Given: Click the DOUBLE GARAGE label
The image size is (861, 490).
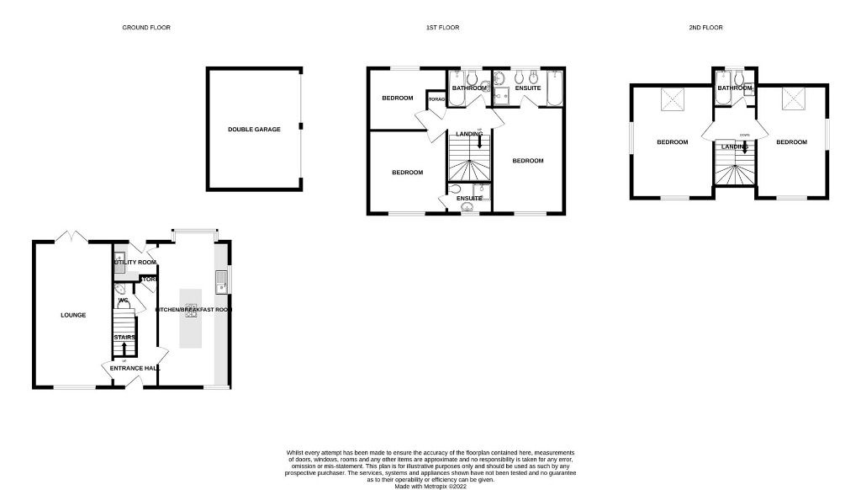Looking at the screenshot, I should pos(254,130).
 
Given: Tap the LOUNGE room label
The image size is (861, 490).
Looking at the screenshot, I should pos(73,315).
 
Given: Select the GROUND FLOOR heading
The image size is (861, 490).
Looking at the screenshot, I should pos(146,28).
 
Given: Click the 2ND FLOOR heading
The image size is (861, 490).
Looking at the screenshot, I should pos(706,28).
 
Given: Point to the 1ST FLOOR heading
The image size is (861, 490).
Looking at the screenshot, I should pos(441,28).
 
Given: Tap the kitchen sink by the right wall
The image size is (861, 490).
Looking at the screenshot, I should pos(220,280).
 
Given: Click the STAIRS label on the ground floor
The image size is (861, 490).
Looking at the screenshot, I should pos(124,338).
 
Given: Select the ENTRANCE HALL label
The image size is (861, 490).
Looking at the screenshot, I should pos(129,368).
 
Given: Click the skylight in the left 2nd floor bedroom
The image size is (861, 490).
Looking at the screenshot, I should pos(673,101).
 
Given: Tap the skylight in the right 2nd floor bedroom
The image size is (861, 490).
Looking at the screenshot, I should pos(792,101).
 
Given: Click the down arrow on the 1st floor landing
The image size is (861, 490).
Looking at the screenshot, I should pos(479,142).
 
